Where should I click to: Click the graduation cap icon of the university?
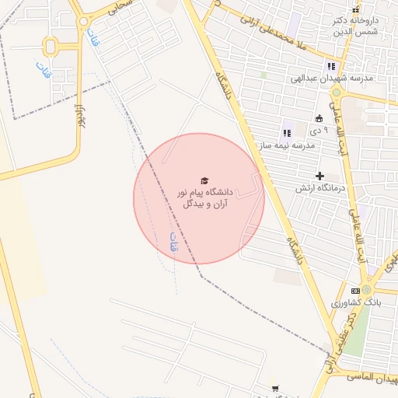click(204, 180)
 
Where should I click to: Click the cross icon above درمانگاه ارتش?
click(319, 176)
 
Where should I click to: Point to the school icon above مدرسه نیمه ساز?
click(287, 134)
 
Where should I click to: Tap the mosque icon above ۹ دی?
click(319, 118)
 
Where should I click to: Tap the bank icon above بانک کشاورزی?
click(355, 290)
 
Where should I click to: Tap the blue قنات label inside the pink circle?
click(173, 244)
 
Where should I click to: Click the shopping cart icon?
click(274, 388)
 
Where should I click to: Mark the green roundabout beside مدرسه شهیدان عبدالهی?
click(337, 93)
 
